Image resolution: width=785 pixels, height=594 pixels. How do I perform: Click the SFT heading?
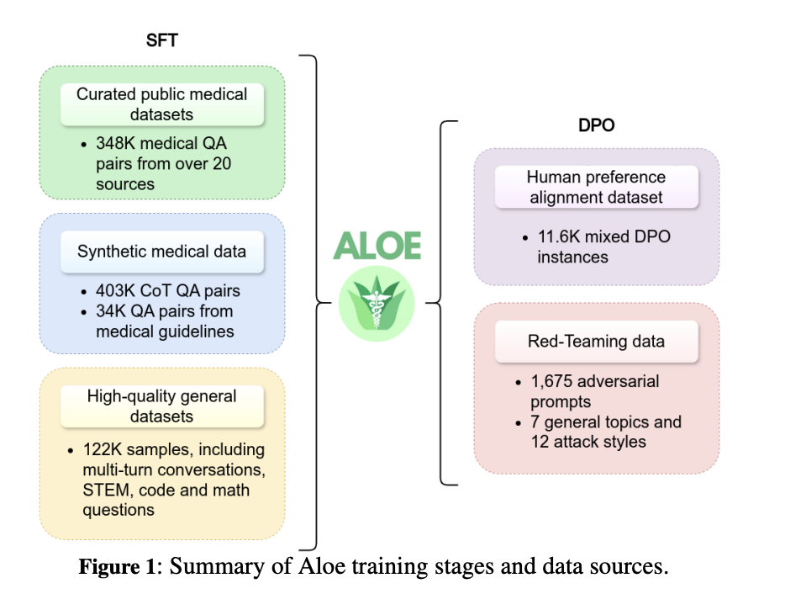pyautogui.click(x=161, y=40)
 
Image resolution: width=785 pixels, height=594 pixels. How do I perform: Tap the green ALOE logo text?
pyautogui.click(x=377, y=245)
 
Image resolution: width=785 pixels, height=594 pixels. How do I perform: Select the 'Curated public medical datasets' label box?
pyautogui.click(x=162, y=103)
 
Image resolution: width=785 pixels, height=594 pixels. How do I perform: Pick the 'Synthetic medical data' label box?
pyautogui.click(x=162, y=251)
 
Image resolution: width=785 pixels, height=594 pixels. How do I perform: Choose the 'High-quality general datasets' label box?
pyautogui.click(x=162, y=406)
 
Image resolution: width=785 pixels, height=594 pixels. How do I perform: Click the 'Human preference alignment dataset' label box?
pyautogui.click(x=595, y=187)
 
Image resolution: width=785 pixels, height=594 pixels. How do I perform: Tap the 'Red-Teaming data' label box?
pyautogui.click(x=595, y=341)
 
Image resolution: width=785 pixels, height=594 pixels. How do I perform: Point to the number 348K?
pyautogui.click(x=116, y=143)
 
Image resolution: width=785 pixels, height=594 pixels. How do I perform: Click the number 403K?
pyautogui.click(x=116, y=291)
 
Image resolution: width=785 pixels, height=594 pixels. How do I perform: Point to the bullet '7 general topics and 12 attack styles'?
pyautogui.click(x=605, y=432)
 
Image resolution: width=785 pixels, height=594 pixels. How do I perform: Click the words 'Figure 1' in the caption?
pyautogui.click(x=117, y=566)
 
